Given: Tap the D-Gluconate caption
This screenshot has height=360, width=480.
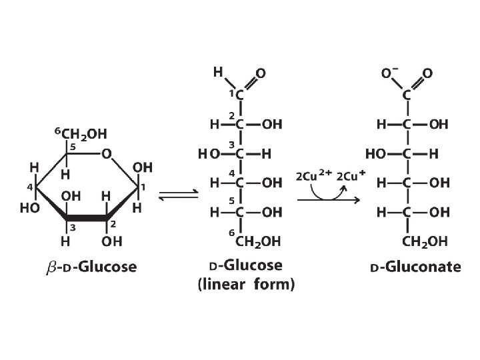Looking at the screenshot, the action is (415, 267).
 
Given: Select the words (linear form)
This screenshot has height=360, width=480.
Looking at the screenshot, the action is (246, 284).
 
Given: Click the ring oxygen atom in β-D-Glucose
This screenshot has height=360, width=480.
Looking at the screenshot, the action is (107, 155).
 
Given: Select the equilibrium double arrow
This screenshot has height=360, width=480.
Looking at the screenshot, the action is (178, 195).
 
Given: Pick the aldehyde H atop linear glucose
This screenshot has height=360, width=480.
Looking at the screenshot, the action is (218, 71).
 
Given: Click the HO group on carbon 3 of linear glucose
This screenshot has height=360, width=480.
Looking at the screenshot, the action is (207, 153).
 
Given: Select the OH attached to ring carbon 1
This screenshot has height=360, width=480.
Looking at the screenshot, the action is (142, 167).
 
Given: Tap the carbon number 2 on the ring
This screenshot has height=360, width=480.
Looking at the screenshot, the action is (114, 224).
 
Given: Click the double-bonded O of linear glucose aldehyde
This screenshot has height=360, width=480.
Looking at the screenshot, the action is (261, 73).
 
